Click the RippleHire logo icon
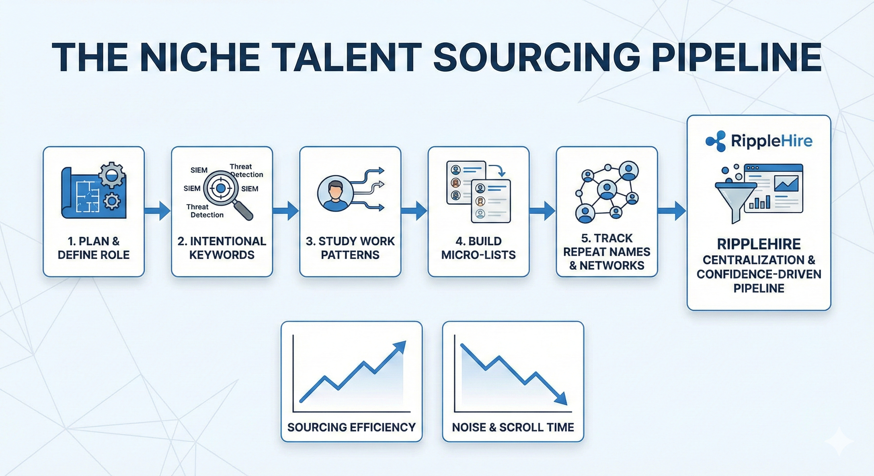715,141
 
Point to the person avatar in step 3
335,193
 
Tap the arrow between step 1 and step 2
157,211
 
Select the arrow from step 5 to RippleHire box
672,211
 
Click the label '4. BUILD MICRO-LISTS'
478,248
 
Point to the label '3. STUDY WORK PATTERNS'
350,248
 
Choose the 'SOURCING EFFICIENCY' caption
352,427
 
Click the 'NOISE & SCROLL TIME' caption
513,427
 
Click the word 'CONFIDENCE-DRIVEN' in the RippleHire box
759,274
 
